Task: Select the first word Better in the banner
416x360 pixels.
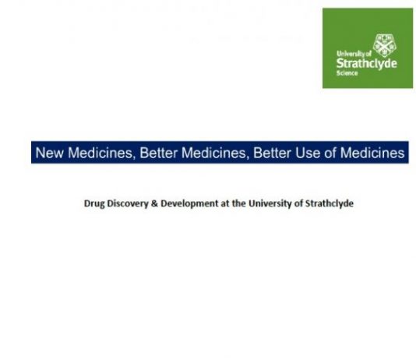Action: pos(158,153)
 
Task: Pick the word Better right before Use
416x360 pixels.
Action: pos(272,153)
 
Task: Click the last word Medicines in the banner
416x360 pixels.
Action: pos(372,153)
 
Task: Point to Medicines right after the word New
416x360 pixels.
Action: pos(100,153)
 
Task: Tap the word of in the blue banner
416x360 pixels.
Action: pos(330,153)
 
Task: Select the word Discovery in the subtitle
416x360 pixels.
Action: pos(128,203)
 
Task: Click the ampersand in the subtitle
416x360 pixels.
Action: pos(154,203)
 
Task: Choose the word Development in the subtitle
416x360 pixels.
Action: pos(189,203)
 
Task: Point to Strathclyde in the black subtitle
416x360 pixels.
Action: pos(330,203)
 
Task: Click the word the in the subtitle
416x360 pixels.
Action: pos(239,203)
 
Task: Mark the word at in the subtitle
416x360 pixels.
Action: pos(225,203)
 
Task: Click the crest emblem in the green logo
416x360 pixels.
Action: pos(385,45)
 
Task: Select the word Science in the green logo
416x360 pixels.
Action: pos(347,73)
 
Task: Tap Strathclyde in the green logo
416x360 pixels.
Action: pos(367,64)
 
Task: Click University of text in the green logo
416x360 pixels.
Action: pos(354,54)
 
